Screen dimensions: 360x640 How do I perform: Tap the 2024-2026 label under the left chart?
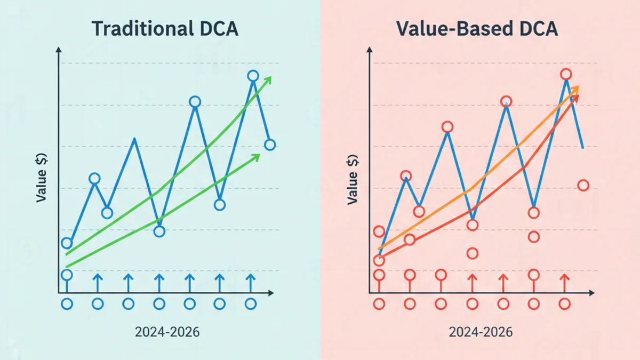click(x=167, y=332)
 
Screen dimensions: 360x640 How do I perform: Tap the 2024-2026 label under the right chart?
click(x=481, y=332)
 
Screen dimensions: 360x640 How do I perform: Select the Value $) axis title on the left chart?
click(x=41, y=178)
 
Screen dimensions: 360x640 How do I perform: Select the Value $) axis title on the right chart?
click(x=353, y=180)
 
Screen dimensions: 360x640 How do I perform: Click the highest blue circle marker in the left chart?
click(x=253, y=76)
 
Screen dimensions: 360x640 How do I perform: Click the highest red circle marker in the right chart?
click(x=566, y=74)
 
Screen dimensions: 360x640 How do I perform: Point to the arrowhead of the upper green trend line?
click(x=268, y=79)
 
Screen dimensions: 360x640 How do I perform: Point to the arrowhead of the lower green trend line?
click(x=257, y=157)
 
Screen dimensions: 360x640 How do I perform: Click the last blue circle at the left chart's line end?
click(x=270, y=145)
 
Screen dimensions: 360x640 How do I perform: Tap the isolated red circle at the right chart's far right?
click(x=583, y=185)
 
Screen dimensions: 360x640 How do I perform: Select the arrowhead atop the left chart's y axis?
click(x=58, y=50)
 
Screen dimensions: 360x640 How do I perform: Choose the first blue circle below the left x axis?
click(x=67, y=304)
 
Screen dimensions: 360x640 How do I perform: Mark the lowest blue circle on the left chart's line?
click(x=67, y=243)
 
